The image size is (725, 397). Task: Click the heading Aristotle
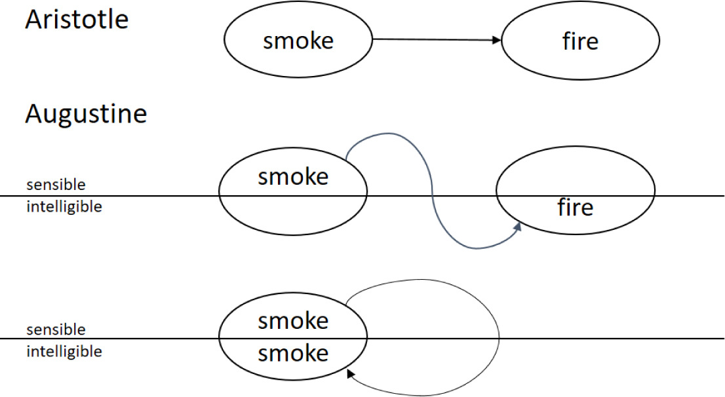77,20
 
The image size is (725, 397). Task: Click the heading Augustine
86,114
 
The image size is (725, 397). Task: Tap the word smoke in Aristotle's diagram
298,41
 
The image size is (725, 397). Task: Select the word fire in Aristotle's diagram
580,41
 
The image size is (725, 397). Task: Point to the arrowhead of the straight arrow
497,41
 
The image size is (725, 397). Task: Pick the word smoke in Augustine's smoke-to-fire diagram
293,177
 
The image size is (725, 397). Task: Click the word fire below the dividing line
575,208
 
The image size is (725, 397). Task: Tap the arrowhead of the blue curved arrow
519,227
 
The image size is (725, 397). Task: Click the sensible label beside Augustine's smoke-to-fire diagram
56,185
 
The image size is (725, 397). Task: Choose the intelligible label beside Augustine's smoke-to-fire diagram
64,207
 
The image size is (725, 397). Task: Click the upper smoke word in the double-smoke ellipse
293,321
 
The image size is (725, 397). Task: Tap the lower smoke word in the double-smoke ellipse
293,354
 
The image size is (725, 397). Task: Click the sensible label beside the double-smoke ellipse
56,329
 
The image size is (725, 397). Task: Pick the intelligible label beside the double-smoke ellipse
64,351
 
